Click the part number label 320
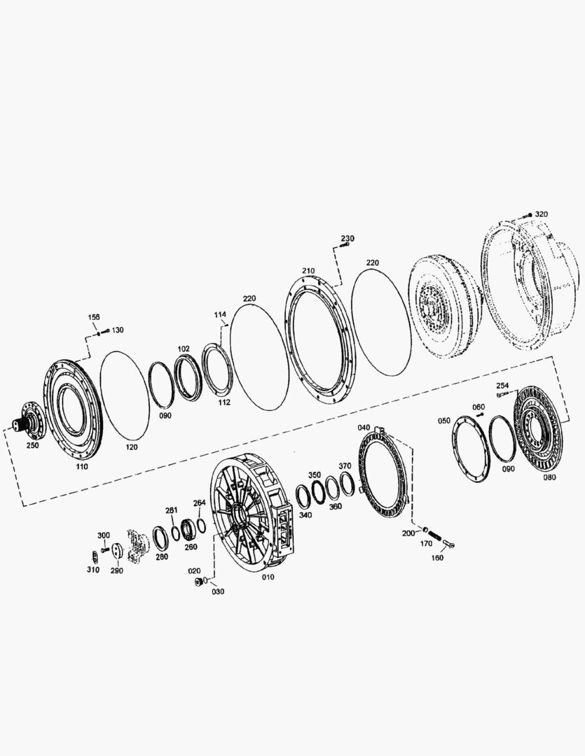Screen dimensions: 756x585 tap(542, 213)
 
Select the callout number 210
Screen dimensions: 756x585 tap(309, 270)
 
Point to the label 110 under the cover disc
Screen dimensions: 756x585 tap(83, 465)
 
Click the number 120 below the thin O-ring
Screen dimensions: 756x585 tap(132, 446)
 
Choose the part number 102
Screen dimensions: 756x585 tap(184, 348)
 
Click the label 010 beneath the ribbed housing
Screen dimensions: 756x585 tap(268, 577)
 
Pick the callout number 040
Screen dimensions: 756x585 tap(364, 427)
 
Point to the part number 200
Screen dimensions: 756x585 tap(408, 533)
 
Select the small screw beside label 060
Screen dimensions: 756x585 tap(481, 415)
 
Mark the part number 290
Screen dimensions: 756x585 tap(116, 570)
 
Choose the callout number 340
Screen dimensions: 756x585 tap(305, 514)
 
